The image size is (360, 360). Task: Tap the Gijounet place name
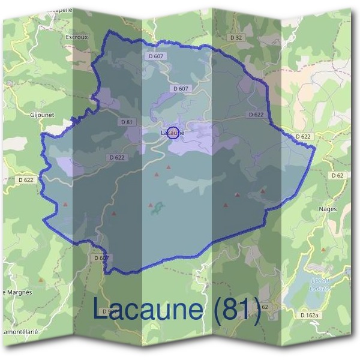click(42, 112)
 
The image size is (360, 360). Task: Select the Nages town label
click(329, 209)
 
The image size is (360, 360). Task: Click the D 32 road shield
click(236, 37)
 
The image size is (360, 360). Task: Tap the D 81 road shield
click(126, 122)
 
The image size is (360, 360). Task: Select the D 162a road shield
click(310, 314)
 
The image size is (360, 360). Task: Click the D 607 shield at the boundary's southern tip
click(101, 257)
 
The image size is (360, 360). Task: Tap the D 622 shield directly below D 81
click(118, 157)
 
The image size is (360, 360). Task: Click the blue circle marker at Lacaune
click(172, 133)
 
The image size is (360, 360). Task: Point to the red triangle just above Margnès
click(41, 280)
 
